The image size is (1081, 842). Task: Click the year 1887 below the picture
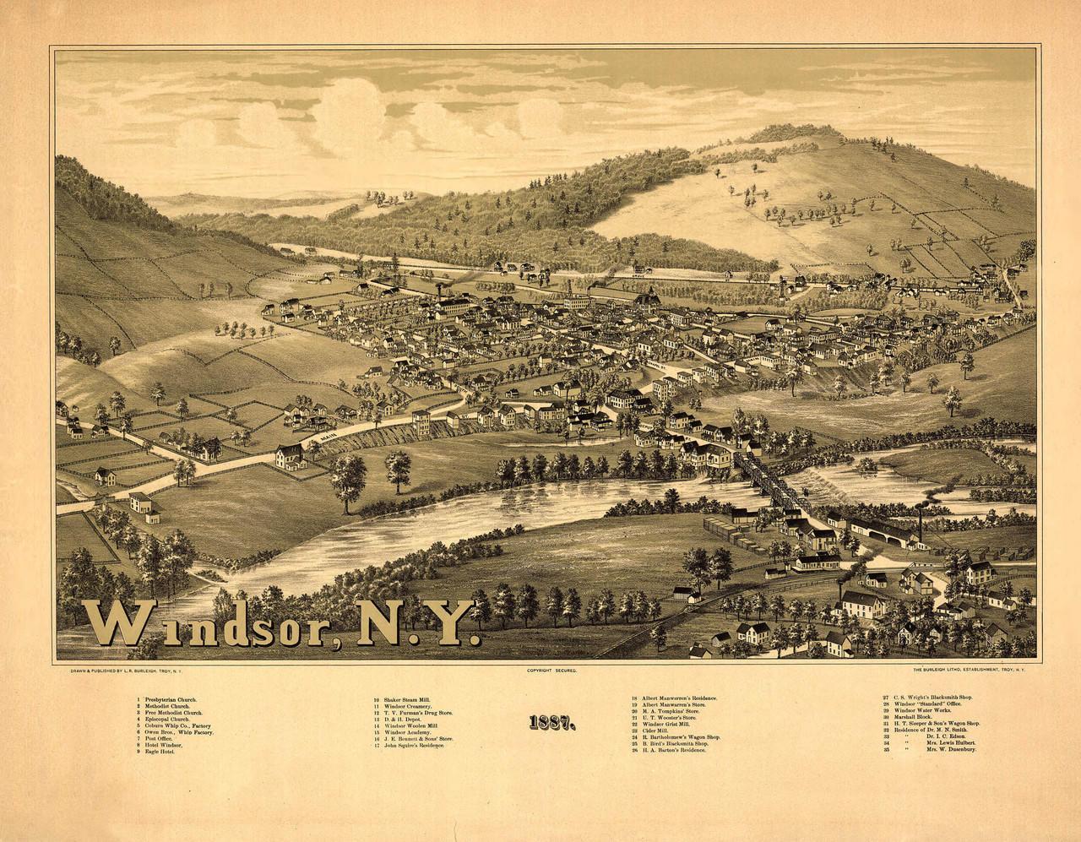[552, 723]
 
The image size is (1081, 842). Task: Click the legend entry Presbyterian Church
[169, 700]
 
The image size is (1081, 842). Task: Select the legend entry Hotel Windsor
[164, 744]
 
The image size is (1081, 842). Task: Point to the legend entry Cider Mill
[655, 731]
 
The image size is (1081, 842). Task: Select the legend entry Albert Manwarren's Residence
[679, 698]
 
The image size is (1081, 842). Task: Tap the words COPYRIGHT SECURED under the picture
[551, 670]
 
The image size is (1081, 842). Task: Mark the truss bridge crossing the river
[769, 482]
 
